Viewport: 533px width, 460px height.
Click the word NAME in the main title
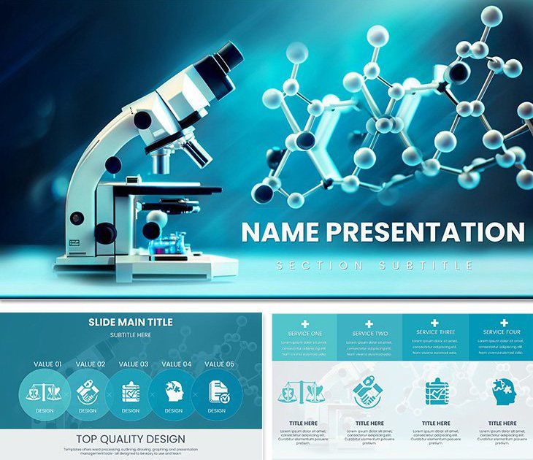pyautogui.click(x=280, y=232)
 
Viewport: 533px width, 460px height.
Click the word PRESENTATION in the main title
pyautogui.click(x=425, y=232)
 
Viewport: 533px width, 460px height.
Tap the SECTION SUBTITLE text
pyautogui.click(x=375, y=266)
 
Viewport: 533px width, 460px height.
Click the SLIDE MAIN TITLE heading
pyautogui.click(x=131, y=321)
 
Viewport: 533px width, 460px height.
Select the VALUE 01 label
pyautogui.click(x=47, y=364)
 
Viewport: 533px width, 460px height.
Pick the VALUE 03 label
pyautogui.click(x=134, y=364)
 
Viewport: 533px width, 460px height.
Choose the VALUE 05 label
pyautogui.click(x=219, y=364)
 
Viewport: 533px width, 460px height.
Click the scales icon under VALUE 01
pyautogui.click(x=44, y=392)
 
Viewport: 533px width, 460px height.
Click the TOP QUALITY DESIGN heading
pyautogui.click(x=131, y=439)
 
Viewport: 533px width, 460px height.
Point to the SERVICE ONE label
pyautogui.click(x=304, y=333)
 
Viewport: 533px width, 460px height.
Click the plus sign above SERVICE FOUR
pyautogui.click(x=503, y=322)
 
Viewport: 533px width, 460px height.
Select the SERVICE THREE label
pyautogui.click(x=436, y=332)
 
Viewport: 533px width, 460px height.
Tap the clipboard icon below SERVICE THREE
pyautogui.click(x=436, y=391)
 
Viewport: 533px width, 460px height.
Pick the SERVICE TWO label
pyautogui.click(x=370, y=334)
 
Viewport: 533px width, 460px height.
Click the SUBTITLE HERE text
pyautogui.click(x=131, y=335)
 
